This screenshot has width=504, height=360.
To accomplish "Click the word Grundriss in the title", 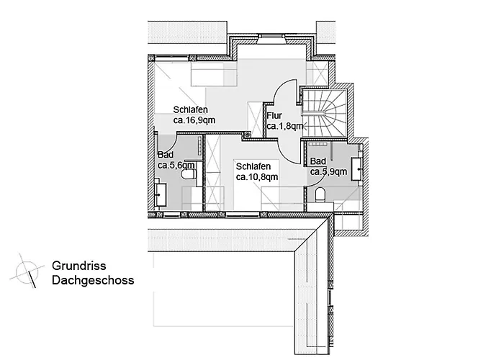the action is [78, 266].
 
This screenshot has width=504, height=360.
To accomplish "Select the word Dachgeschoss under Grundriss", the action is [93, 280].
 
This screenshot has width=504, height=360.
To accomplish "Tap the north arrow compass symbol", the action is [27, 271].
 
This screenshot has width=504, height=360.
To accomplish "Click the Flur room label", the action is [274, 115].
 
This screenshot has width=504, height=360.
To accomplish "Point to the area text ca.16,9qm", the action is [194, 120].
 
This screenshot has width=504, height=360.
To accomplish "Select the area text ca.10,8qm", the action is [257, 177].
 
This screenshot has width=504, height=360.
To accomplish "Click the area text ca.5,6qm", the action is [176, 166].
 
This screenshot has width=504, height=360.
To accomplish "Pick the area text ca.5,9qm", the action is [328, 172].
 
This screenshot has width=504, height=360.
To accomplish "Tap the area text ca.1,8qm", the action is [285, 126].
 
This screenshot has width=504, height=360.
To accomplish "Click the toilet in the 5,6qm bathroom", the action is [189, 174].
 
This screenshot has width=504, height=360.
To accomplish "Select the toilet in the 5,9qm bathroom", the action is [320, 195].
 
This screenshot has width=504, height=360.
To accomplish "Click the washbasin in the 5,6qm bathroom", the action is [161, 195].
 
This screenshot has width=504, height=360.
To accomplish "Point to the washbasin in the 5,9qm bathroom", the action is [356, 168].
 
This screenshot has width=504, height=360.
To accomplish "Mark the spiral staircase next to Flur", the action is [325, 114].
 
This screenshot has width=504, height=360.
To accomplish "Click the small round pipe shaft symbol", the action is [247, 135].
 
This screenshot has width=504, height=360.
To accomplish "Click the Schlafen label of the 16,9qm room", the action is [191, 109].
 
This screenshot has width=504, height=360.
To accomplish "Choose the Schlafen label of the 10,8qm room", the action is [253, 166].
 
